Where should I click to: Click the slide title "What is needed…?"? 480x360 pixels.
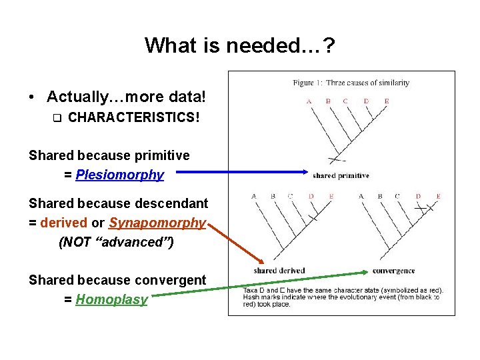[240, 45]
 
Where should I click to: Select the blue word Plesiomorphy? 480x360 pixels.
[119, 175]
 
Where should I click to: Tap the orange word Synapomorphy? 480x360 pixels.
[157, 223]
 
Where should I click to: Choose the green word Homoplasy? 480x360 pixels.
[111, 299]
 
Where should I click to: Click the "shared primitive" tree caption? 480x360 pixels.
[341, 175]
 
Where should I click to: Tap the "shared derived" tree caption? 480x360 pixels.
[279, 271]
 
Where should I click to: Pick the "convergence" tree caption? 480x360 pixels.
[393, 271]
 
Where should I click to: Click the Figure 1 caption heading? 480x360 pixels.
[351, 83]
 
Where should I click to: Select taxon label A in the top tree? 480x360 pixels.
[309, 101]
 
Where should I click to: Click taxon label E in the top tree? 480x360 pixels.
[387, 101]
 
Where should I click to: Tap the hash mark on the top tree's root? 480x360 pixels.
[337, 160]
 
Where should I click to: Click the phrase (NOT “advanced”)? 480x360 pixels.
[116, 242]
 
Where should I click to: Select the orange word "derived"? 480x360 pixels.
[63, 223]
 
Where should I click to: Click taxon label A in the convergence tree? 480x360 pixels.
[361, 196]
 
